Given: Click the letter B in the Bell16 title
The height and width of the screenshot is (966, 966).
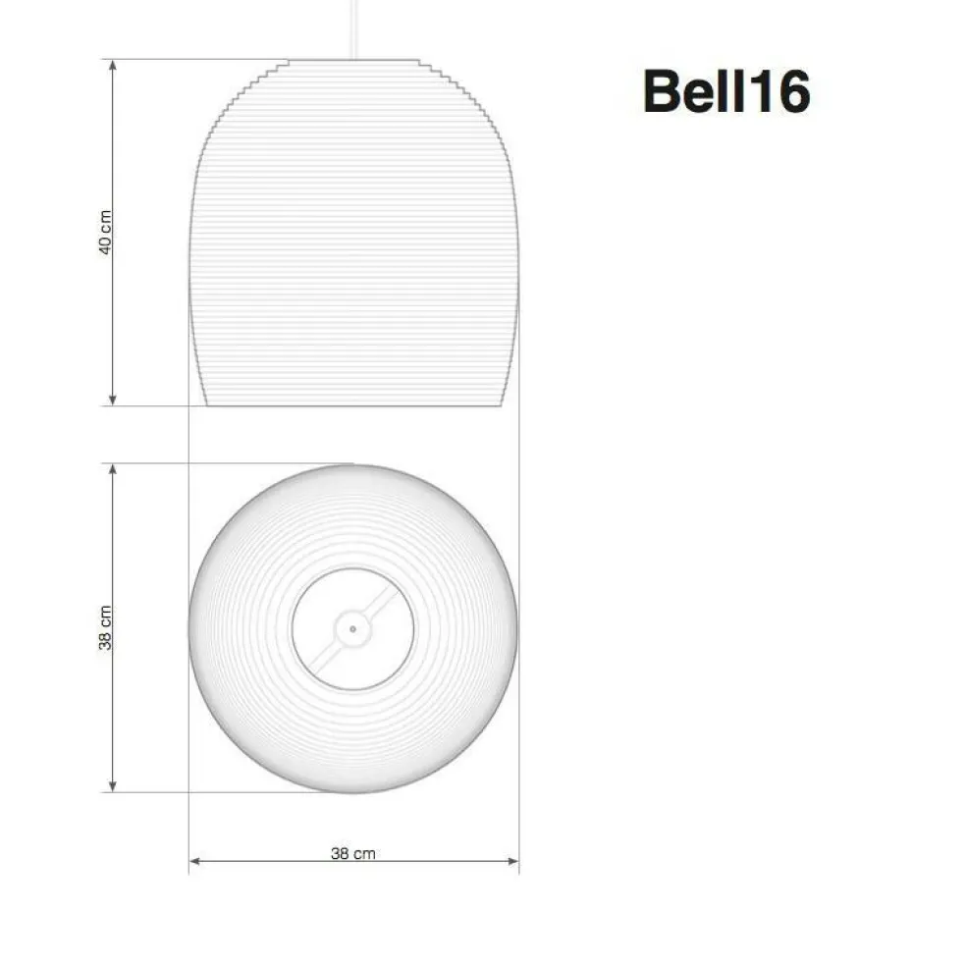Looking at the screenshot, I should click(x=665, y=93).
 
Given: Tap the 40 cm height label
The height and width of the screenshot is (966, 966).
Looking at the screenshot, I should click(x=106, y=232).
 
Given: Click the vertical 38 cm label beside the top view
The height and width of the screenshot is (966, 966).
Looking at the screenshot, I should click(x=106, y=627).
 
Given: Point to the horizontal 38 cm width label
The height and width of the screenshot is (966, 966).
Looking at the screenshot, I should click(x=352, y=853).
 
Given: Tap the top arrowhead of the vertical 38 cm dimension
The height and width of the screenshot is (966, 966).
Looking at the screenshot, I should click(x=113, y=470).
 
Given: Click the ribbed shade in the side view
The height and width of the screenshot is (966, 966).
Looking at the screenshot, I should click(x=352, y=245).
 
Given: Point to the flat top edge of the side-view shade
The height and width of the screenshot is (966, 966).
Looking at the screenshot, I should click(x=352, y=60).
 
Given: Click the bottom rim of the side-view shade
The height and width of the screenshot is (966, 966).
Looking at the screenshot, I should click(x=352, y=403).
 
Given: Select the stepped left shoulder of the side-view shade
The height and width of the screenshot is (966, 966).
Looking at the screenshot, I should click(x=236, y=93).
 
